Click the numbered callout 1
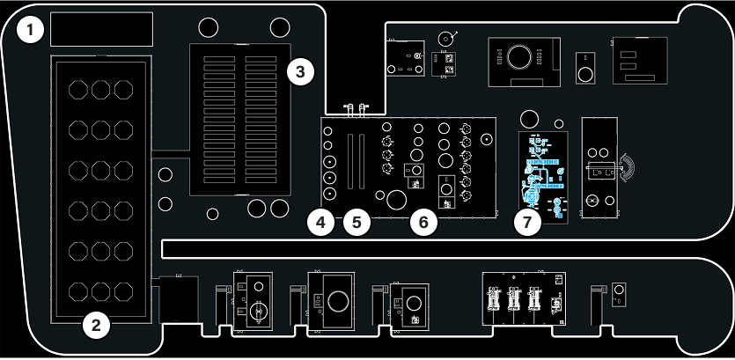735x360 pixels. coord(32,32)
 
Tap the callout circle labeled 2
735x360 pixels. coord(97,326)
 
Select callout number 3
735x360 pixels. coord(300,72)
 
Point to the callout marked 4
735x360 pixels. coord(322,223)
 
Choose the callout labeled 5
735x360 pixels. coord(356,223)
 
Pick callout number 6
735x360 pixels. coord(423,223)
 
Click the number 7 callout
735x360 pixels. coord(527,223)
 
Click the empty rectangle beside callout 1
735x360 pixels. coord(102,29)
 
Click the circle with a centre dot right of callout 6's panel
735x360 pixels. coord(486,139)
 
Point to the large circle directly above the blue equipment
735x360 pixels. coord(529,119)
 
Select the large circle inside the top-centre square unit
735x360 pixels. coord(519,57)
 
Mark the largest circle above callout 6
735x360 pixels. coord(396,200)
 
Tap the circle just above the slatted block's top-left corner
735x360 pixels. coord(209,27)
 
